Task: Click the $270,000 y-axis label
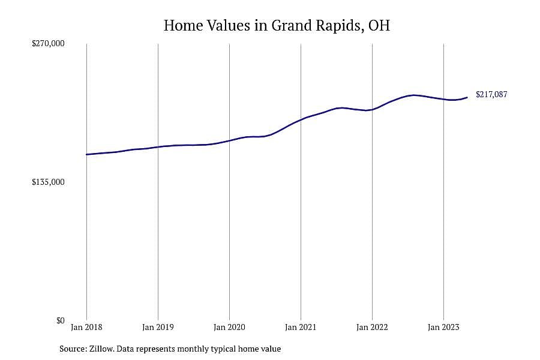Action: point(48,43)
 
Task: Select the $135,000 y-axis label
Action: point(48,182)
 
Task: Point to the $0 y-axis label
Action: point(60,320)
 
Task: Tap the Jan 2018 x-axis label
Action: point(86,327)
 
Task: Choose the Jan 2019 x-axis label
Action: point(158,327)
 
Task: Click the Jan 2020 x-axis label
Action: point(229,327)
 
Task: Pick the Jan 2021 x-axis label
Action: point(301,327)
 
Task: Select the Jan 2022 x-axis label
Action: point(372,327)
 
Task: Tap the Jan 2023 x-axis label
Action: point(443,327)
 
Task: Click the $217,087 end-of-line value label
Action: point(491,94)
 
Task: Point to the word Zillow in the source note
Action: point(101,349)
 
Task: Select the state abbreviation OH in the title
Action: point(379,25)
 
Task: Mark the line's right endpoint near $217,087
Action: point(467,97)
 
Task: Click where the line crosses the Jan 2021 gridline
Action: point(301,120)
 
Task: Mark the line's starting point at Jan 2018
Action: point(86,154)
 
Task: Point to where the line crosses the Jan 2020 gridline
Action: point(229,140)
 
